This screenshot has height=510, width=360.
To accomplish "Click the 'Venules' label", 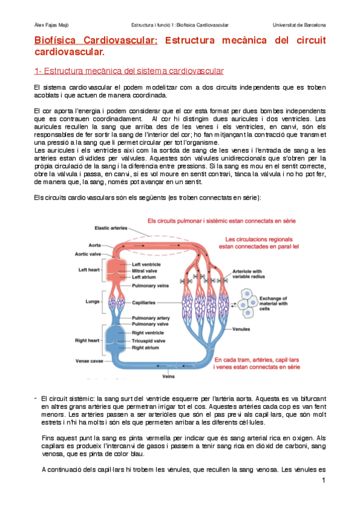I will click(240, 330).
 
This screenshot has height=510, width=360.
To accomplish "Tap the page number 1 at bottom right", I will click(323, 481).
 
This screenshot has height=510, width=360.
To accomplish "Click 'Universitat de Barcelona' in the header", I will click(299, 25).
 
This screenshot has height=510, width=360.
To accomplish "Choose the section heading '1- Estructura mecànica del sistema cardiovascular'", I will click(129, 72).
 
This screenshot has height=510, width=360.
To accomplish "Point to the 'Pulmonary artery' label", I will click(151, 317).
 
